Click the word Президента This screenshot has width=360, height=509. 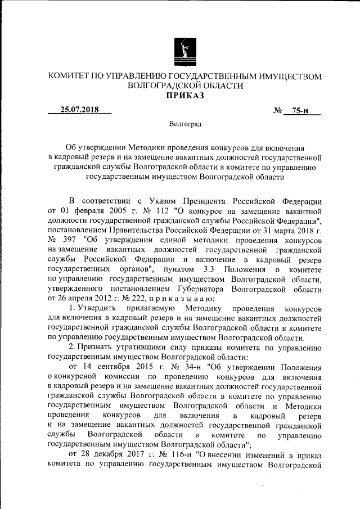point(217,201)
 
